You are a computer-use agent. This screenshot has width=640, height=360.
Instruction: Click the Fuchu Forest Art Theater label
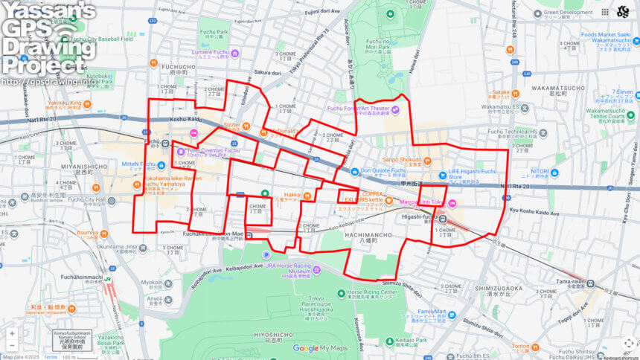point(360,109)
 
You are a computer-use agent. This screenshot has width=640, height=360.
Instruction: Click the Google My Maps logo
point(320,348)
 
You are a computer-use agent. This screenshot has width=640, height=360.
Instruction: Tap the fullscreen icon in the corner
point(628,343)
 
